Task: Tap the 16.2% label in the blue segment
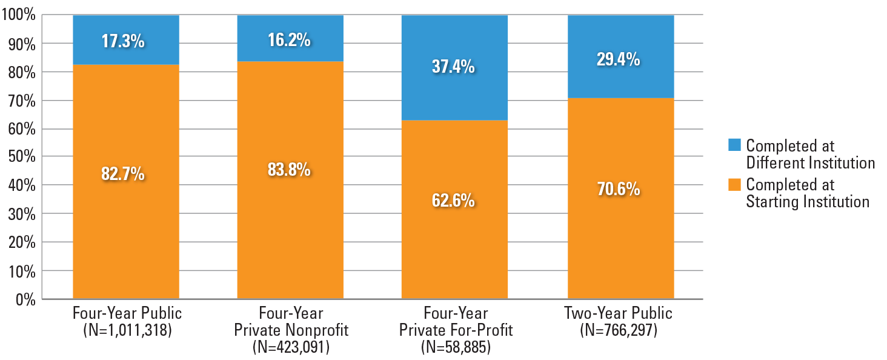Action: (290, 40)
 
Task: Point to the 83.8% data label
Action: (290, 170)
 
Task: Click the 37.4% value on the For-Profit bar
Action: (454, 67)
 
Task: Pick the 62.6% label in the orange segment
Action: (454, 200)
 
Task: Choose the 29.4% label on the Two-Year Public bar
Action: (619, 59)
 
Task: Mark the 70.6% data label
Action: (619, 189)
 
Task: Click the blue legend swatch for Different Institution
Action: (734, 145)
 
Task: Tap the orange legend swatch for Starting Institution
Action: (734, 184)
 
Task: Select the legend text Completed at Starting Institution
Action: (807, 193)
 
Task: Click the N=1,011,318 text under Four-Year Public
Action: (127, 330)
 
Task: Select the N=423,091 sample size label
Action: (291, 348)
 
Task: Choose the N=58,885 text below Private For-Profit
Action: (456, 348)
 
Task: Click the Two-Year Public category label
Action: (618, 313)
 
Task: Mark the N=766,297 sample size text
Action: (618, 330)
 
